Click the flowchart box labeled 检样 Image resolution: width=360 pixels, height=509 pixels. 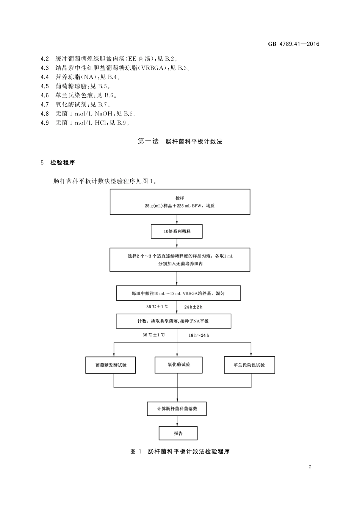pos(180,202)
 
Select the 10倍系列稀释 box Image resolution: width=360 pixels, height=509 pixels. pos(177,231)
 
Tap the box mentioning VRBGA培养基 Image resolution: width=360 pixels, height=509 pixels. pos(178,293)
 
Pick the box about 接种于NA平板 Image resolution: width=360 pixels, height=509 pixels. pos(173,321)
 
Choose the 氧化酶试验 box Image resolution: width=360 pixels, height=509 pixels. pos(178,365)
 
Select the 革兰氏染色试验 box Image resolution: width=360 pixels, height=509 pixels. pos(249,365)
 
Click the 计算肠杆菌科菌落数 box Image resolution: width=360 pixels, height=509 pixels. pos(177,409)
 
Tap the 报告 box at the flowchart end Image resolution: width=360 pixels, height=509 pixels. pos(178,433)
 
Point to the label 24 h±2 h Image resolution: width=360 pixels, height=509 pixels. pos(193,307)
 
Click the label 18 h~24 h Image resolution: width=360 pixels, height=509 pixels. pos(199,335)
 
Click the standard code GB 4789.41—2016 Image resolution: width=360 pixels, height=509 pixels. pos(294,44)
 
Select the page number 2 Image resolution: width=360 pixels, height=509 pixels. pos(310,467)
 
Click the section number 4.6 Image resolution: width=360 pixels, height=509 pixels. pos(45,95)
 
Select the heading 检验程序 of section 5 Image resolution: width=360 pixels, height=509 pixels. pos(63,162)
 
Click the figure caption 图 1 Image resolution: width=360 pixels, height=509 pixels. pos(136,451)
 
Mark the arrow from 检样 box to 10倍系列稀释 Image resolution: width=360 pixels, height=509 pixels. pos(177,220)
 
